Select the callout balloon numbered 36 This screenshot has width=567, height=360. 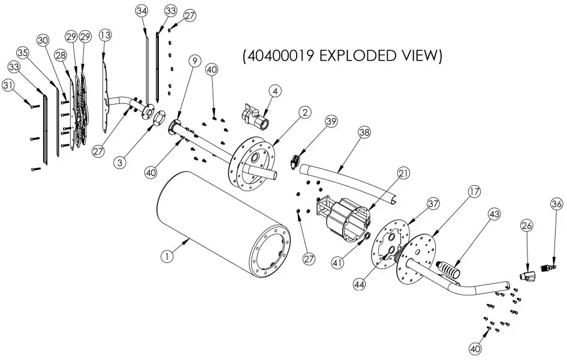(556, 204)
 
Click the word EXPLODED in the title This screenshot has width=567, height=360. (357, 56)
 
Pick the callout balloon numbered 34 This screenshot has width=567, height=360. (141, 11)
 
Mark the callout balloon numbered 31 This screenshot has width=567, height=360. (8, 86)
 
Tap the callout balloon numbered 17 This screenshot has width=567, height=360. (474, 192)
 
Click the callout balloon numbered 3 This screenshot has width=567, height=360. (122, 162)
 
